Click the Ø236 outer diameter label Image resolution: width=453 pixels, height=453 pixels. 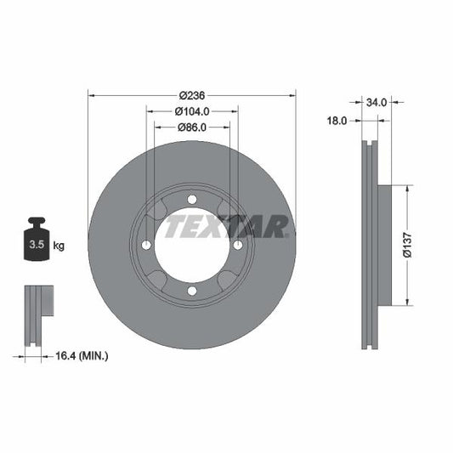coord(191,95)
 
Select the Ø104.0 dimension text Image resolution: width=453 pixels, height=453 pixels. coord(191,111)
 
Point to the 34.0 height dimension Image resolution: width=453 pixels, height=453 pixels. coord(377,102)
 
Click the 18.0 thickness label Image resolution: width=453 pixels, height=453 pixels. coord(337,122)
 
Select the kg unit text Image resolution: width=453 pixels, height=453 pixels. coord(59,246)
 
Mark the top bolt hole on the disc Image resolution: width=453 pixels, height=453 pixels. coord(192,199)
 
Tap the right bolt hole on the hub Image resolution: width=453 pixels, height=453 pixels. coord(238,245)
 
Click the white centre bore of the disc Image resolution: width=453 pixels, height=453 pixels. coord(192,245)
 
